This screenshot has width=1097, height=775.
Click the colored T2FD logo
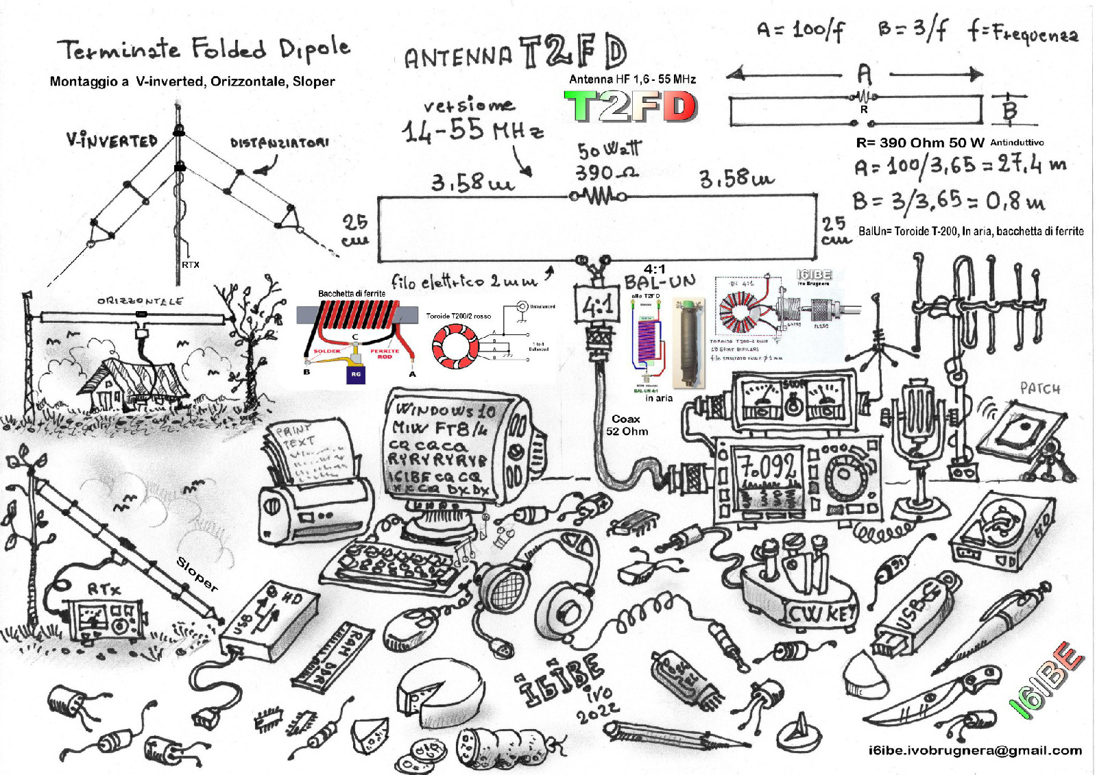click(630, 107)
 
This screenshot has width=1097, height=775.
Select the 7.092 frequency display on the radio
click(767, 467)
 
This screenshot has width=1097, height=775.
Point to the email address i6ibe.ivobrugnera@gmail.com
click(975, 750)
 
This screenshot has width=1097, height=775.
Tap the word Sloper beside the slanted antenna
click(197, 574)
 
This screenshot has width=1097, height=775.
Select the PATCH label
click(1039, 389)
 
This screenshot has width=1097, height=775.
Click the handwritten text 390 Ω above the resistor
click(606, 172)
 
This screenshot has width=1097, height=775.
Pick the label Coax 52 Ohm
click(627, 425)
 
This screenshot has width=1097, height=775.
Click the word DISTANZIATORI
click(279, 143)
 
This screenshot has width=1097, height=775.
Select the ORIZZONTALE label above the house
click(140, 301)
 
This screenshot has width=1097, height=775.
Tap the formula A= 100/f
click(800, 29)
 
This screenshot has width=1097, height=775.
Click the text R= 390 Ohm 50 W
click(920, 143)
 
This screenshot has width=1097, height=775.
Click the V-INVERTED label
click(112, 140)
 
